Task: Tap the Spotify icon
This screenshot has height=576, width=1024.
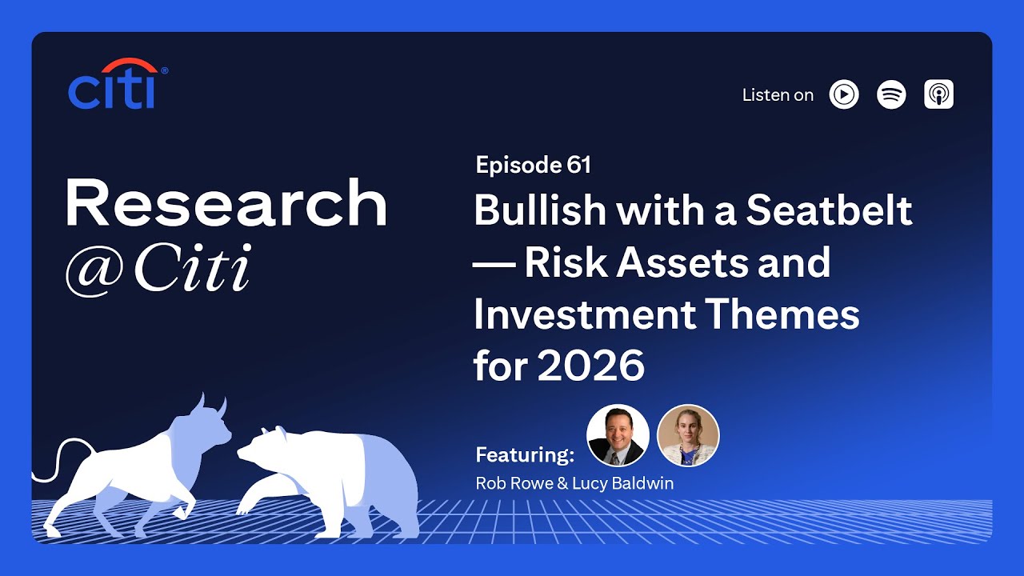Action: pyautogui.click(x=891, y=94)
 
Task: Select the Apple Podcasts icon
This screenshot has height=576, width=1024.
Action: pyautogui.click(x=938, y=94)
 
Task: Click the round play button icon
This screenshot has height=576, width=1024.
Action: pyautogui.click(x=844, y=94)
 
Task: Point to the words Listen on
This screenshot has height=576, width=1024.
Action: pyautogui.click(x=778, y=95)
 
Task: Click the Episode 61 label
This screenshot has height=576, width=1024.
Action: pyautogui.click(x=533, y=166)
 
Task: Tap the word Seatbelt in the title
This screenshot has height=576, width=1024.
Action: pyautogui.click(x=830, y=210)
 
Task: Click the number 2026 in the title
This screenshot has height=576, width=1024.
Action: pyautogui.click(x=590, y=366)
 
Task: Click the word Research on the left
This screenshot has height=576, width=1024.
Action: pyautogui.click(x=226, y=203)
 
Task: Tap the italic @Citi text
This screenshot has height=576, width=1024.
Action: pyautogui.click(x=158, y=270)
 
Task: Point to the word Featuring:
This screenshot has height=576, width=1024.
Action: pyautogui.click(x=525, y=455)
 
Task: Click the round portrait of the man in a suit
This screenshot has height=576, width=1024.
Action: pyautogui.click(x=618, y=435)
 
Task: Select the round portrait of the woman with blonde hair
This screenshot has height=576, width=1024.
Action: pyautogui.click(x=688, y=435)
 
